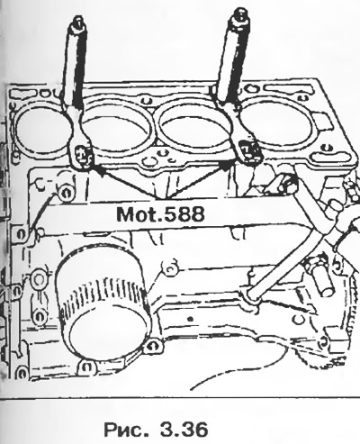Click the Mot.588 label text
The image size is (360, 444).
[x=160, y=214]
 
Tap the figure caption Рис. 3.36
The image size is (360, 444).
[x=156, y=430]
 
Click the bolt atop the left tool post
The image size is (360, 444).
[x=77, y=24]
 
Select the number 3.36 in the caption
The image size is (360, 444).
[x=184, y=430]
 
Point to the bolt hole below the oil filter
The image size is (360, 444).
[x=86, y=367]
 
